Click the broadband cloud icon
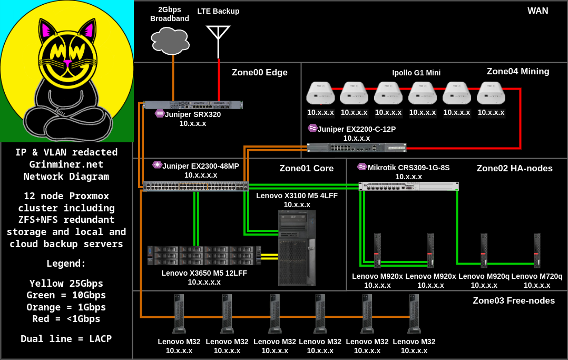(x=170, y=41)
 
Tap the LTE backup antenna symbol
(x=218, y=37)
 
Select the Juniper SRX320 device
(x=193, y=104)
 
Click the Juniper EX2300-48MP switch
(x=195, y=186)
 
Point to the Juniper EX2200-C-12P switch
(x=357, y=148)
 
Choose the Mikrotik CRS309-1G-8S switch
(x=408, y=186)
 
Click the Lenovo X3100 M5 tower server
(x=297, y=247)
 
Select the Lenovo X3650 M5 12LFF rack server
(x=204, y=256)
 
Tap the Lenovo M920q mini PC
(x=483, y=251)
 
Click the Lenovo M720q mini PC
(x=537, y=251)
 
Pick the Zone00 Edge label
(x=260, y=73)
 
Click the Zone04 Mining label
(x=518, y=72)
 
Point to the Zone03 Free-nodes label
(x=514, y=301)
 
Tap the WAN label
(x=538, y=11)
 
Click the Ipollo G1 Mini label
(x=416, y=73)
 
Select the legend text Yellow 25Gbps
(x=66, y=283)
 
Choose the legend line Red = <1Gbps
(x=66, y=319)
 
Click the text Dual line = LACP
(x=66, y=339)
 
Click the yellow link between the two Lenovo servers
(x=270, y=256)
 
